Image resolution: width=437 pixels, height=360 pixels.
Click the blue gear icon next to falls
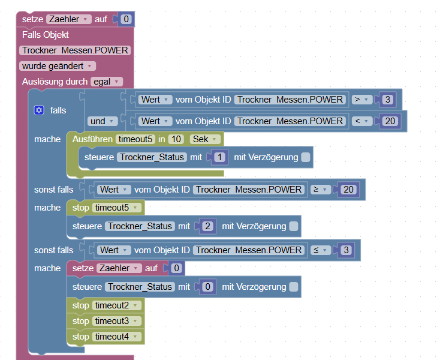(40, 110)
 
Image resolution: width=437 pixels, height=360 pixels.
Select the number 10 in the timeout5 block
(176, 139)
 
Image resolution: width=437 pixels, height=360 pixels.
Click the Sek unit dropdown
(206, 139)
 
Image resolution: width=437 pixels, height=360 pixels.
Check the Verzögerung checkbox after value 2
(293, 226)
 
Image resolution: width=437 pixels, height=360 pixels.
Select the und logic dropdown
(101, 121)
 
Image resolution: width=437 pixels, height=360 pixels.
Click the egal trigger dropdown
(107, 82)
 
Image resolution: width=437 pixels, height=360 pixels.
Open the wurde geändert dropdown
(57, 66)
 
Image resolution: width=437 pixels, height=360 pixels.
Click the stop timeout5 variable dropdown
(117, 208)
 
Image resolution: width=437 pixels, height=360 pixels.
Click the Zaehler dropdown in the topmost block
(68, 19)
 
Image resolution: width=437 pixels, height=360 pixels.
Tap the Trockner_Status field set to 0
(140, 287)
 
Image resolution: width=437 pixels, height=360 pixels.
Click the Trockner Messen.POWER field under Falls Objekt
(75, 50)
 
